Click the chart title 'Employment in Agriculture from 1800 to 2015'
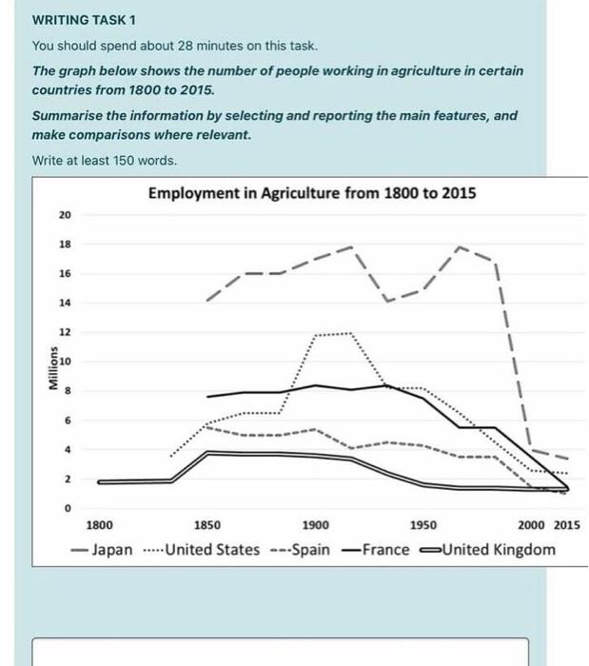pos(312,194)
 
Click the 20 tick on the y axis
pos(65,215)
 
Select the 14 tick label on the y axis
pos(65,303)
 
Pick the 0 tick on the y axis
pos(67,509)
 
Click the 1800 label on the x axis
pos(99,525)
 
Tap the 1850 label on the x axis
pos(207,525)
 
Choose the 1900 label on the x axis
pos(316,525)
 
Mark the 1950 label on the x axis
pos(423,525)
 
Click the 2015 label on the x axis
pos(566,525)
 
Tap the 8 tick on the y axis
pos(67,391)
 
